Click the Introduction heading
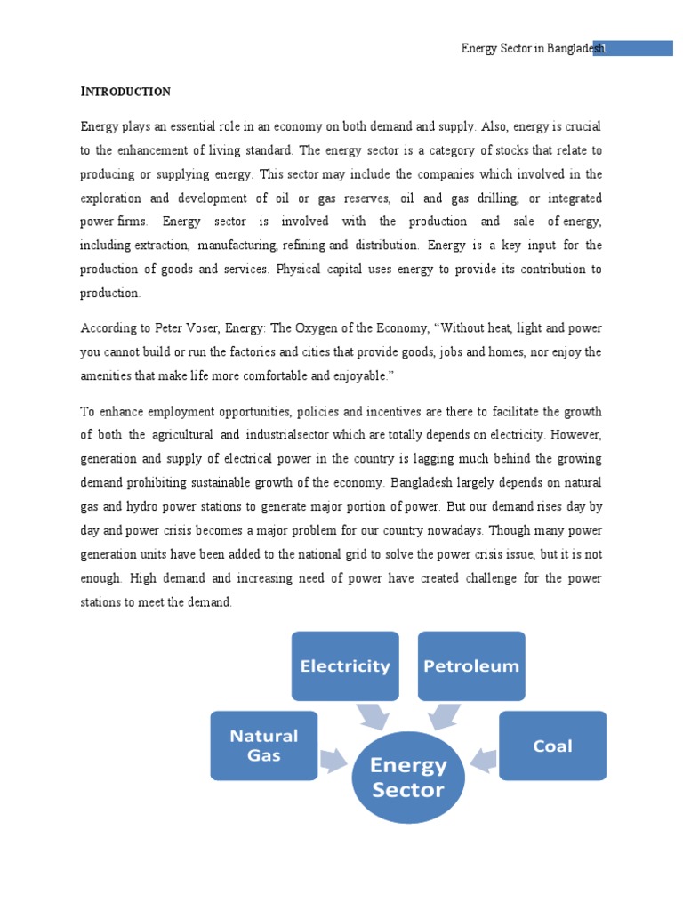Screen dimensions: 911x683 tap(125, 92)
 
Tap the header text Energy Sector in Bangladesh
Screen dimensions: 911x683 tap(532, 49)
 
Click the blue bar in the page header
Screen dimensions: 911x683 tap(639, 48)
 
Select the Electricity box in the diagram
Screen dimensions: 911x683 tap(345, 665)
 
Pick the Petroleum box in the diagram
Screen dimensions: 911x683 tap(471, 665)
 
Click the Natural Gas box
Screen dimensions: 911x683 tap(264, 746)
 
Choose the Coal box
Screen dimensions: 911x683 tap(552, 746)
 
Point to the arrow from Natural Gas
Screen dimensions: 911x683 tap(334, 759)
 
